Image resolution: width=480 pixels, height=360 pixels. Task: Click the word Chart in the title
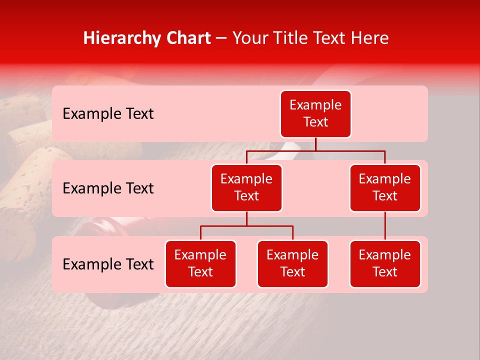[x=188, y=38]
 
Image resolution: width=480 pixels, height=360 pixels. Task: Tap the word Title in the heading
[x=288, y=38]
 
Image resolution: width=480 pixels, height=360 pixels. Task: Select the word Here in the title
[x=369, y=38]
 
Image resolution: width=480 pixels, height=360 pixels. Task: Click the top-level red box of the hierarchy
[x=315, y=113]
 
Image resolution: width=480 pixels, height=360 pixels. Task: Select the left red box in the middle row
[x=246, y=187]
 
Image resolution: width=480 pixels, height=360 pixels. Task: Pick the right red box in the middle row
[x=385, y=187]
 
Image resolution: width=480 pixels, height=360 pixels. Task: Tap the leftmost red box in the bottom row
[x=200, y=263]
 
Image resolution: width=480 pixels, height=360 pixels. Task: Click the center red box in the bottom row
[x=292, y=263]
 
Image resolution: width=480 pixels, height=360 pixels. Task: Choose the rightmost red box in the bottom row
[x=385, y=263]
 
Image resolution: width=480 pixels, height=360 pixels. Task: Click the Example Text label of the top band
[x=108, y=114]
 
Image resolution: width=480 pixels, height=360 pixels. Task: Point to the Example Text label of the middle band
[x=108, y=188]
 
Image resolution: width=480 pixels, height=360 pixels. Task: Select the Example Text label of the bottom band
[x=108, y=264]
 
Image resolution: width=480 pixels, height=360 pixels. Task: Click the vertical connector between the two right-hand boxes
[x=385, y=226]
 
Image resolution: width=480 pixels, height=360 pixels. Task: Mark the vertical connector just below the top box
[x=315, y=144]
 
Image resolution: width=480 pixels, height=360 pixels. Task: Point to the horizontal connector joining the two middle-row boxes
[x=315, y=150]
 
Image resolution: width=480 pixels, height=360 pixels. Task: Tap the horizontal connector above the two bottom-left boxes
[x=246, y=226]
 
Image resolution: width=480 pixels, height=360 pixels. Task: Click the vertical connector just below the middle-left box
[x=246, y=218]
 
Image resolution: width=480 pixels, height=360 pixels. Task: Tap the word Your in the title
[x=249, y=38]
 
